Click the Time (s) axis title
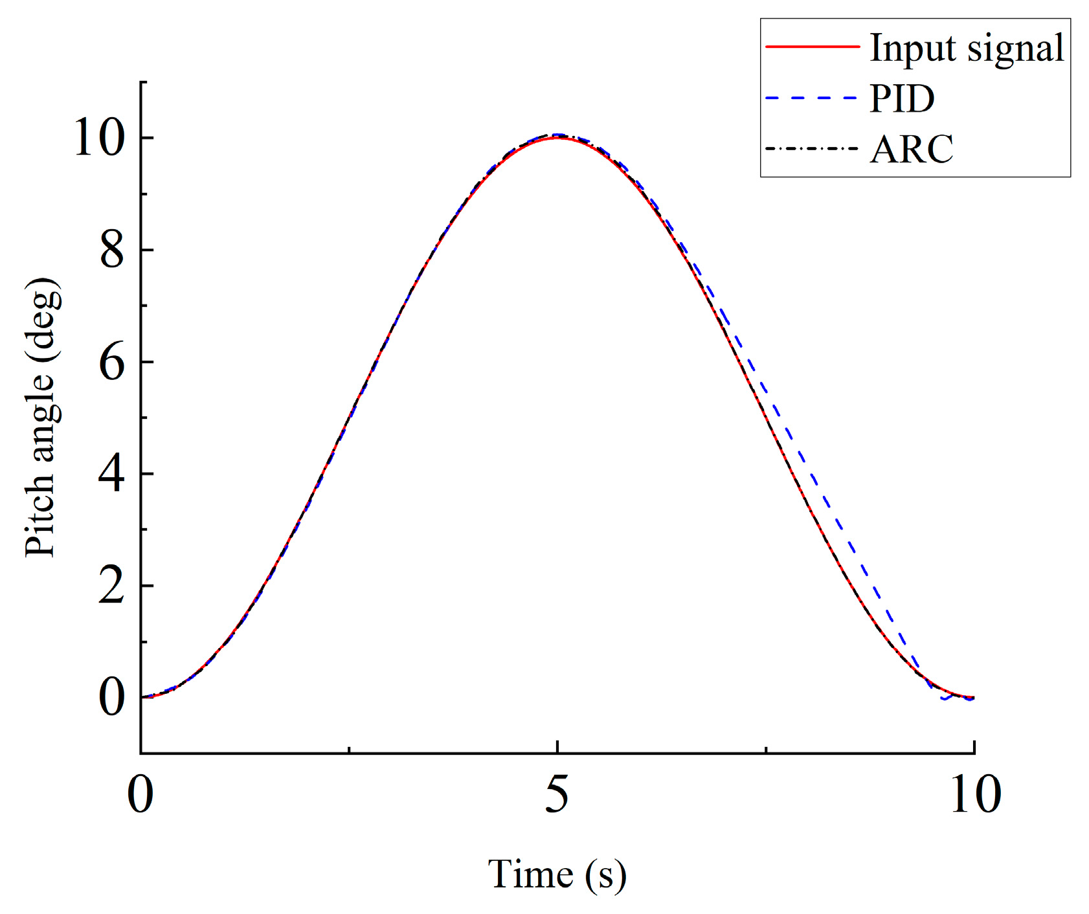(x=557, y=875)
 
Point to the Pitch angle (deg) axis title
(x=42, y=418)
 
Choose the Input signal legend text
(x=967, y=48)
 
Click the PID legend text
(x=902, y=98)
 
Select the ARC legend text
(x=911, y=149)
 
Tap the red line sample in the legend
(x=812, y=47)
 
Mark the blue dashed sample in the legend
(x=812, y=98)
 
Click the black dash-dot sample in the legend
(x=812, y=148)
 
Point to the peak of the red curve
(x=557, y=138)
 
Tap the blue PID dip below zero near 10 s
(x=945, y=699)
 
